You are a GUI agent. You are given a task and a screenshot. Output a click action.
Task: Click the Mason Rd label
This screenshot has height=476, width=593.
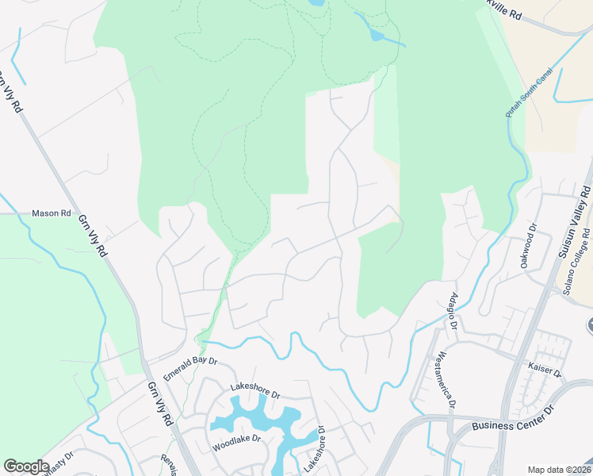click(51, 213)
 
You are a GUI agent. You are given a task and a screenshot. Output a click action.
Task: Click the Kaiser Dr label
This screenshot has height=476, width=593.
click(545, 370)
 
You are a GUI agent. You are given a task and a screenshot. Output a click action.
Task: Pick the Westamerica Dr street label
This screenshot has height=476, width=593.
click(446, 380)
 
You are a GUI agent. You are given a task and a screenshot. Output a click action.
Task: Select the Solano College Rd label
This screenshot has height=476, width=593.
click(577, 262)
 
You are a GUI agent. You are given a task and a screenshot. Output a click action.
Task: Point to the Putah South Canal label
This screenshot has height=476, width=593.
click(528, 94)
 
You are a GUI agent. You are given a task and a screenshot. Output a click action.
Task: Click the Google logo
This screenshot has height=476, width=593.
click(26, 466)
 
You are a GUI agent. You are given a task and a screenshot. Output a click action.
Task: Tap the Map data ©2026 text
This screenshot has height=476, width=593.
click(559, 470)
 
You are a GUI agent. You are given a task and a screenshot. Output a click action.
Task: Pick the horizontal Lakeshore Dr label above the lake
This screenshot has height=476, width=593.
click(255, 391)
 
